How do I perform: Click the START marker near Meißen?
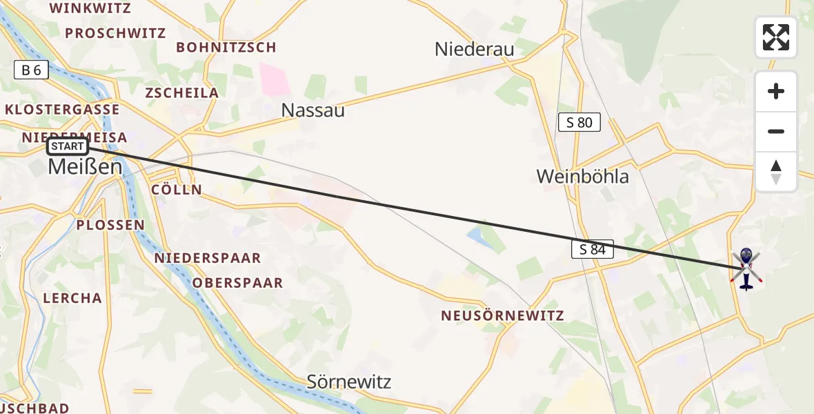[x=68, y=146]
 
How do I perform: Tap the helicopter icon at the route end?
[x=746, y=268]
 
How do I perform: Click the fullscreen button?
[x=776, y=37]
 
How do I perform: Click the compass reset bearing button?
[x=776, y=172]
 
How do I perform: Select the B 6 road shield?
[x=31, y=70]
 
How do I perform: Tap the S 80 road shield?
[x=579, y=123]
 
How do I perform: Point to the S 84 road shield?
[x=593, y=250]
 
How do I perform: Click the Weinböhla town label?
[x=583, y=177]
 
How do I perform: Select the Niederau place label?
[x=475, y=49]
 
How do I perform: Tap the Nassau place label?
[x=313, y=110]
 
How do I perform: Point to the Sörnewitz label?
[x=349, y=382]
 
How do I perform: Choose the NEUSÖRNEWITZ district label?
[x=504, y=316]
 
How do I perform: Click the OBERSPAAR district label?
[x=238, y=283]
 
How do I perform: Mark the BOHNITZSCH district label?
[x=226, y=48]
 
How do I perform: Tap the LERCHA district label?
[x=72, y=298]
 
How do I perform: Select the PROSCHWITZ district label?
[x=116, y=33]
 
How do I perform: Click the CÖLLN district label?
[x=177, y=190]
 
